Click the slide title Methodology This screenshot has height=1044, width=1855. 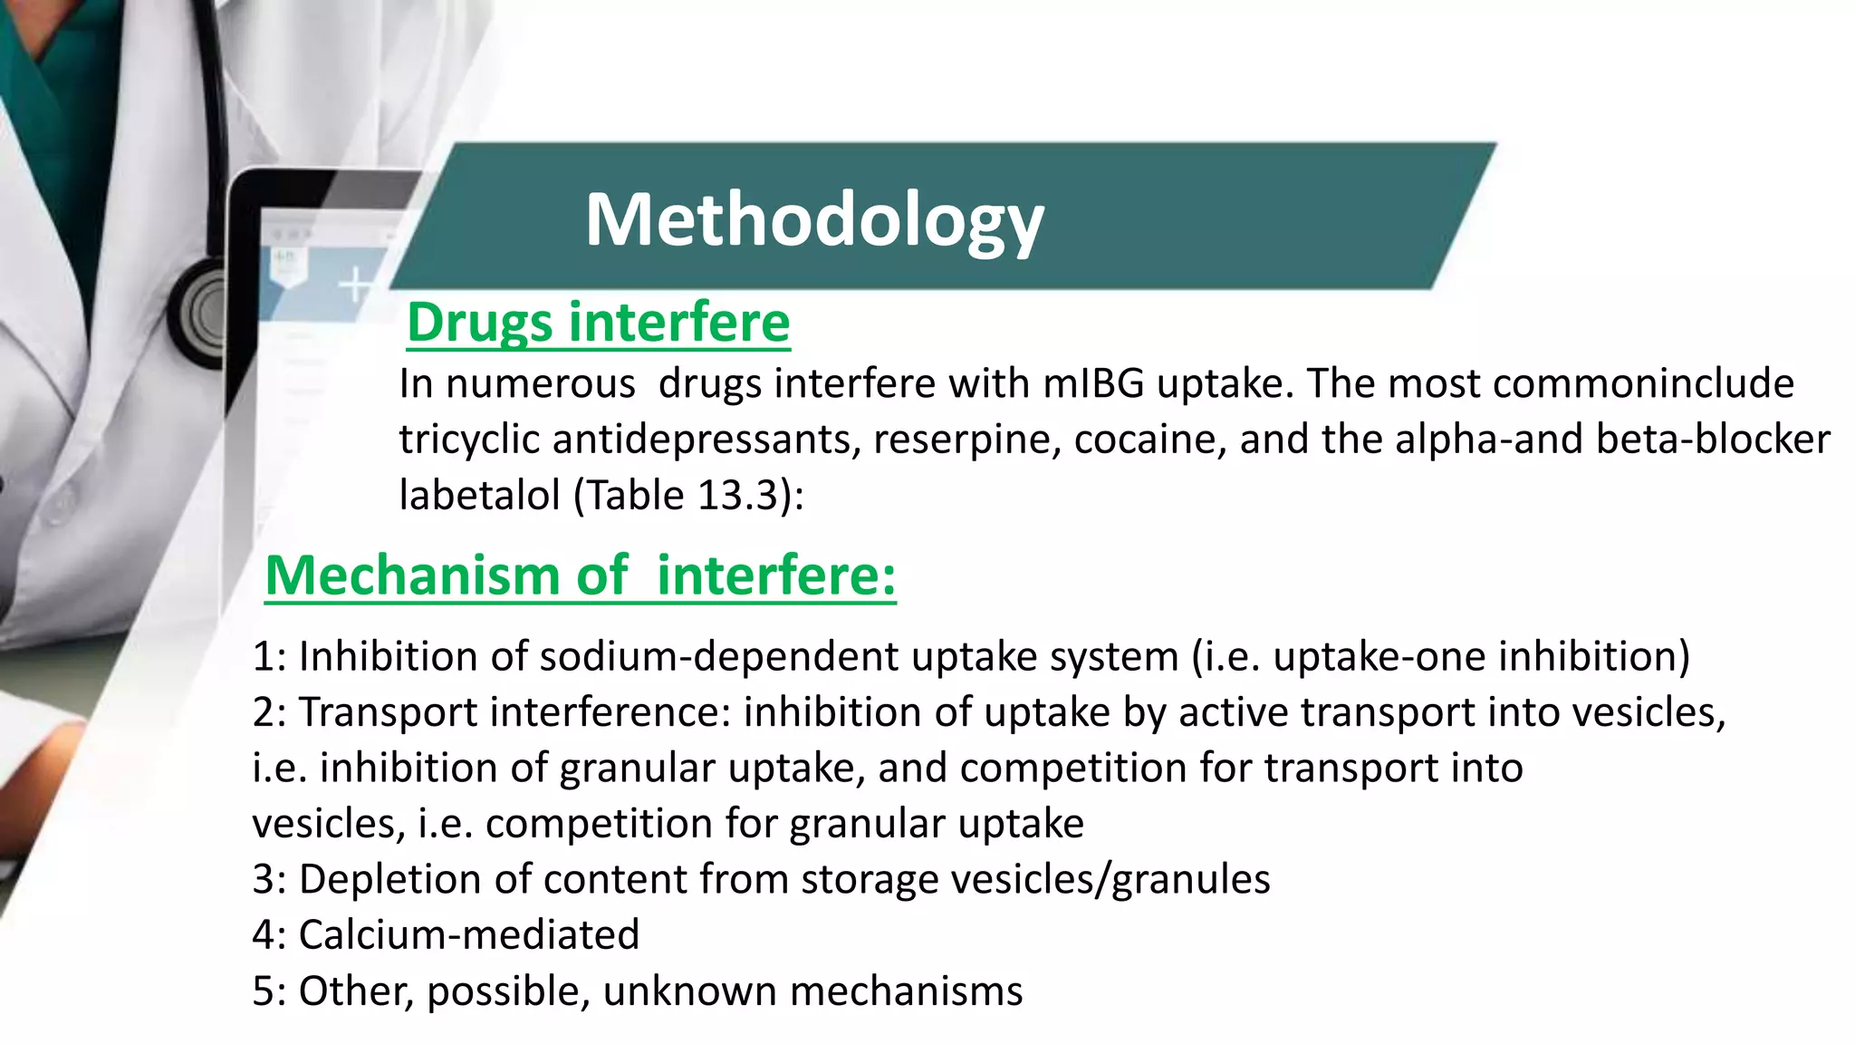[x=813, y=220]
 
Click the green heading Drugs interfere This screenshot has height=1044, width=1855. [x=598, y=323]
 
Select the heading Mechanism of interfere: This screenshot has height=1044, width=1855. [x=580, y=575]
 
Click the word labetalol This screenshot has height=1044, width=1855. [x=479, y=496]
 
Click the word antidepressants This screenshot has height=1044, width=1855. [x=706, y=440]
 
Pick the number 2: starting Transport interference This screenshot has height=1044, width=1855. [x=269, y=712]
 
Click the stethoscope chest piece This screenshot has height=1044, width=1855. [x=203, y=313]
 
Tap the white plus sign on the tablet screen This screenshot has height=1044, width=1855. [x=355, y=285]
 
